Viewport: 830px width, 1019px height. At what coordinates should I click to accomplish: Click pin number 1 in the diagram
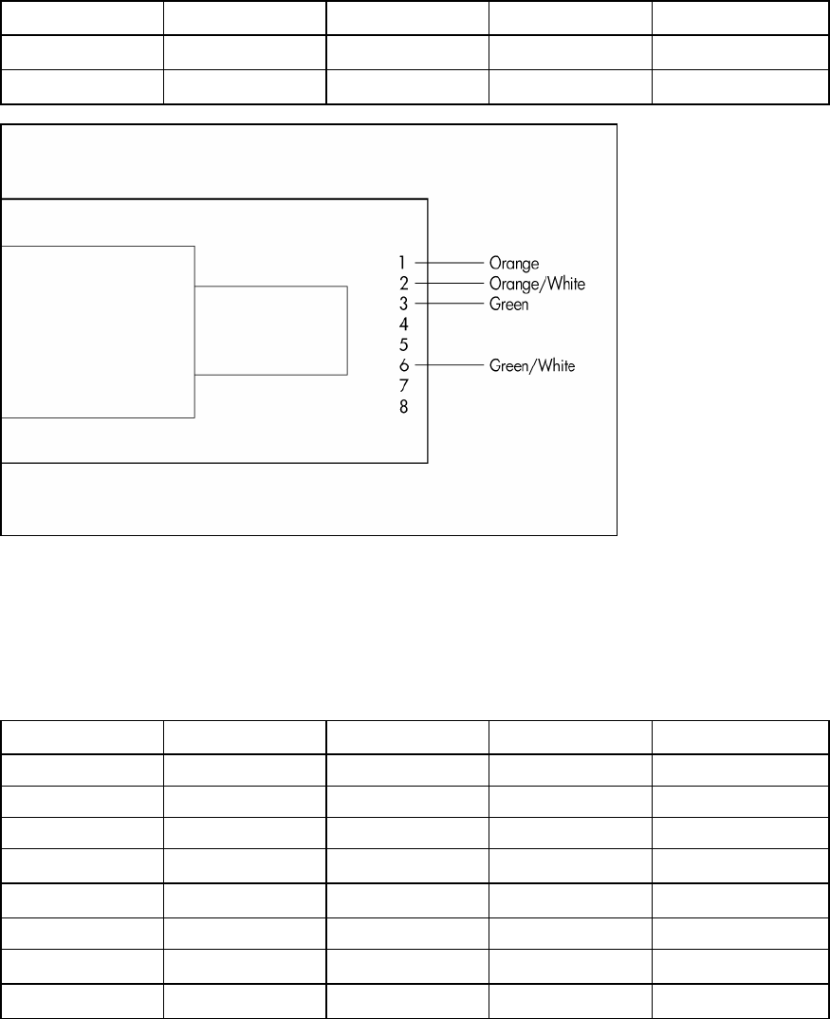[x=402, y=262]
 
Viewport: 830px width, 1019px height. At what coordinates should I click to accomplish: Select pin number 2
[x=403, y=283]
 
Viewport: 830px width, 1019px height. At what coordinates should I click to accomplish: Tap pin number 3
[x=403, y=304]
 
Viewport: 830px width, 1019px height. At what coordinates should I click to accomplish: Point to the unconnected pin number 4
[x=403, y=324]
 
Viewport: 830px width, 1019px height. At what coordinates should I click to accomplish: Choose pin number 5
[x=403, y=344]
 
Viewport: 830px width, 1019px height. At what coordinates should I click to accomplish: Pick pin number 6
[x=403, y=365]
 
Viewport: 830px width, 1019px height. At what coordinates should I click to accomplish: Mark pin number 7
[x=403, y=386]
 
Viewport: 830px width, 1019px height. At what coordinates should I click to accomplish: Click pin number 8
[x=403, y=406]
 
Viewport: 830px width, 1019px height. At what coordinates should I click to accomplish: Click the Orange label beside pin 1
[x=514, y=263]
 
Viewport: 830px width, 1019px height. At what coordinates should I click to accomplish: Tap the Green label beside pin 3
[x=509, y=305]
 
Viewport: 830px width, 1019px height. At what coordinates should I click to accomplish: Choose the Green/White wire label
[x=532, y=365]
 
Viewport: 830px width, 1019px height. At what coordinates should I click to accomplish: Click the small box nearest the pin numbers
[x=271, y=330]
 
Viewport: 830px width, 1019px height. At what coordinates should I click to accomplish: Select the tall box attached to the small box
[x=97, y=331]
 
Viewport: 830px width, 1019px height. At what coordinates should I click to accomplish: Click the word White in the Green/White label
[x=555, y=365]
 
